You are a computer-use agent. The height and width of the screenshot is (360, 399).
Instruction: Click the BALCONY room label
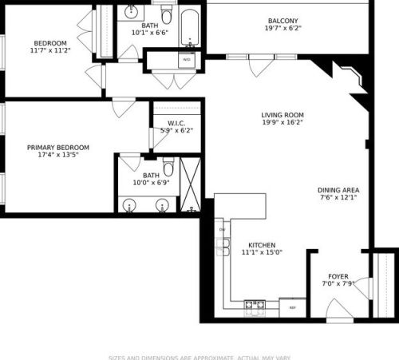[283, 21]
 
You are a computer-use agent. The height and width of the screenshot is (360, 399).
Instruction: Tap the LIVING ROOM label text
[282, 115]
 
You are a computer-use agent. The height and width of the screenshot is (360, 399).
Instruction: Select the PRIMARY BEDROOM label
[57, 148]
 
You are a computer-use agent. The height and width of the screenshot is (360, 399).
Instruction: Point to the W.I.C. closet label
[176, 122]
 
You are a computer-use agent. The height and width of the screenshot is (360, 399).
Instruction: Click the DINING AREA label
[339, 189]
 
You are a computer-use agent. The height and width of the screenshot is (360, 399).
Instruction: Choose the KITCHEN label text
[262, 244]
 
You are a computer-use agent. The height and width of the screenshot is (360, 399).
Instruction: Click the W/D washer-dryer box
[187, 60]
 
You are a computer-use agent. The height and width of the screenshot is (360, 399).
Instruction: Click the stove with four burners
[255, 304]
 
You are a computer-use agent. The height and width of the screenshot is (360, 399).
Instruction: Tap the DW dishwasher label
[223, 230]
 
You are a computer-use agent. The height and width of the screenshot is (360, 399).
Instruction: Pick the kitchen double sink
[223, 247]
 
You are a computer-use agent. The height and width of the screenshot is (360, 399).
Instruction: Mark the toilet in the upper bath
[166, 15]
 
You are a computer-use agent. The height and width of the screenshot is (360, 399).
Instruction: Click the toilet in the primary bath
[168, 166]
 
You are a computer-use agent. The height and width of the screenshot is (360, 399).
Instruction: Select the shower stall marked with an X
[190, 184]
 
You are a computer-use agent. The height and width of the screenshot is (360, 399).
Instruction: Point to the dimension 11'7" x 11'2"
[50, 51]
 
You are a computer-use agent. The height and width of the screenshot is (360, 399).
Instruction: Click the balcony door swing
[256, 66]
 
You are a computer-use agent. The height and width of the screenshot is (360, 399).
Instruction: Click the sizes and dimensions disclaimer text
[199, 357]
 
